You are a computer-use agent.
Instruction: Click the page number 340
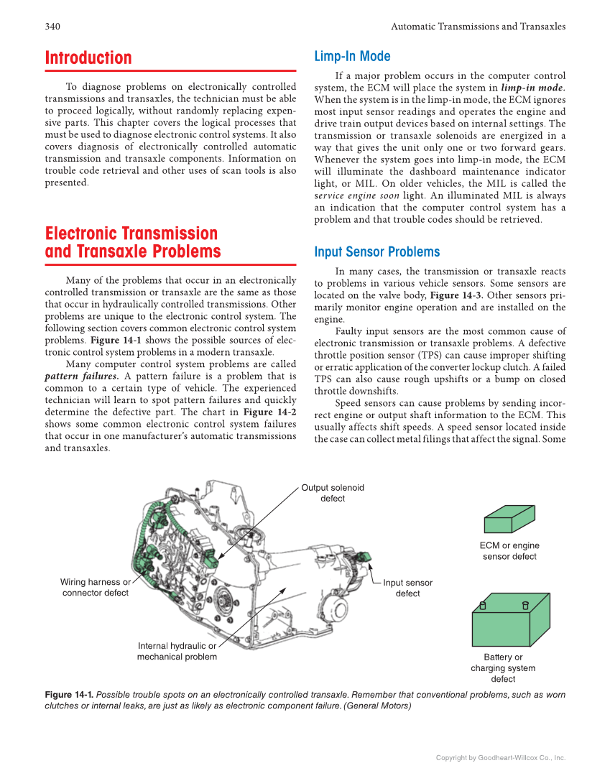coord(52,27)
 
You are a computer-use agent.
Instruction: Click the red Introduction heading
coord(88,58)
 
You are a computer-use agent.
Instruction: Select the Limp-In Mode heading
coord(352,57)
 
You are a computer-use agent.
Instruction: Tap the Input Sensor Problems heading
coord(376,252)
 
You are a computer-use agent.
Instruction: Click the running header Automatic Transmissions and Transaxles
coord(478,27)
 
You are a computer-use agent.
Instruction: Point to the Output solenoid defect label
coord(332,493)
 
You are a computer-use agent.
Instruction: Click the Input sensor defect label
coord(407,588)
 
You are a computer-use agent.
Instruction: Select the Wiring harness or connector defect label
coord(95,587)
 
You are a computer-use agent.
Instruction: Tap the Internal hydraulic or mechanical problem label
coord(177,651)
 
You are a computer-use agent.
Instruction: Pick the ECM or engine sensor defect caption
coord(509,551)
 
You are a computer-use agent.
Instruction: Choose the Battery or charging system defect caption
coord(503,668)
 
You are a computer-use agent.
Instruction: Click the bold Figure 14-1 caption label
coord(69,695)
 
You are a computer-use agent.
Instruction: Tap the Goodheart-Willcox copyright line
coord(501,757)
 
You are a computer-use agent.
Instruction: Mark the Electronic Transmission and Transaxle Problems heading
coord(133,243)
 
